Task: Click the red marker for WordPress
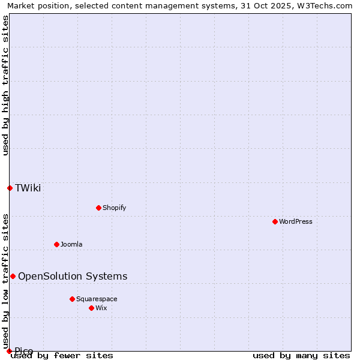click(x=275, y=221)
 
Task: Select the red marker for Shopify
click(x=98, y=208)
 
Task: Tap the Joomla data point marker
click(x=56, y=244)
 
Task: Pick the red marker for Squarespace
click(x=72, y=299)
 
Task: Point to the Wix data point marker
click(x=91, y=308)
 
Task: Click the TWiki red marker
click(x=10, y=188)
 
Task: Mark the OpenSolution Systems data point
click(x=13, y=276)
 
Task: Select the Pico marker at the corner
click(x=9, y=351)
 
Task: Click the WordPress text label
click(x=296, y=221)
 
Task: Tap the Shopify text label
click(x=114, y=208)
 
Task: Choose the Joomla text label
click(x=71, y=244)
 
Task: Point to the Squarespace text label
click(x=97, y=299)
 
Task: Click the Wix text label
click(x=101, y=308)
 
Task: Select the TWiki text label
click(x=28, y=188)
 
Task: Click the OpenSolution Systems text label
click(x=73, y=276)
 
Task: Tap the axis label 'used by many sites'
click(x=301, y=355)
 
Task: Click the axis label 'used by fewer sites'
click(x=62, y=355)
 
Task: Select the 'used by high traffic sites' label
click(x=5, y=86)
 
